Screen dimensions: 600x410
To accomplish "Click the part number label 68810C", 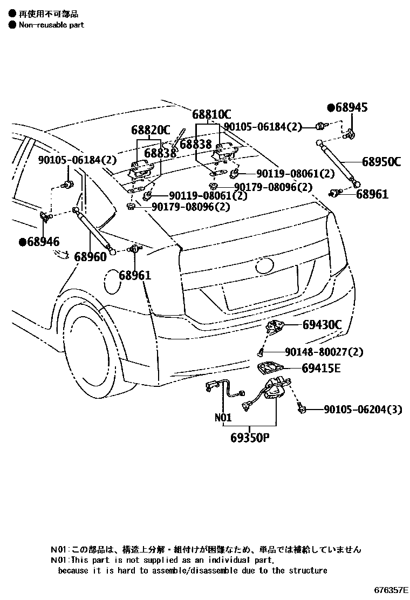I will pyautogui.click(x=211, y=114).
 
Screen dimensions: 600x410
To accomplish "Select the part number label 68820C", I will pyautogui.click(x=151, y=130).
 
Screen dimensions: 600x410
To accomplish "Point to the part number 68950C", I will pyautogui.click(x=381, y=161).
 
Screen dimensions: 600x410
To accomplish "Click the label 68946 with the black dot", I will pyautogui.click(x=39, y=242).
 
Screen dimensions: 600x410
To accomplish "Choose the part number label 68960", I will pyautogui.click(x=90, y=257).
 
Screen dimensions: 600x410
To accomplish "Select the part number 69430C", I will pyautogui.click(x=322, y=325).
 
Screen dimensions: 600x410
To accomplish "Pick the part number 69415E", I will pyautogui.click(x=322, y=369).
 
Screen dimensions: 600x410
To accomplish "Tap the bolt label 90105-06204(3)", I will pyautogui.click(x=363, y=410).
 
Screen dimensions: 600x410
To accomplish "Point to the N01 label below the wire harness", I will pyautogui.click(x=223, y=417).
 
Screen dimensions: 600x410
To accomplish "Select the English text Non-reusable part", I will pyautogui.click(x=51, y=25).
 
